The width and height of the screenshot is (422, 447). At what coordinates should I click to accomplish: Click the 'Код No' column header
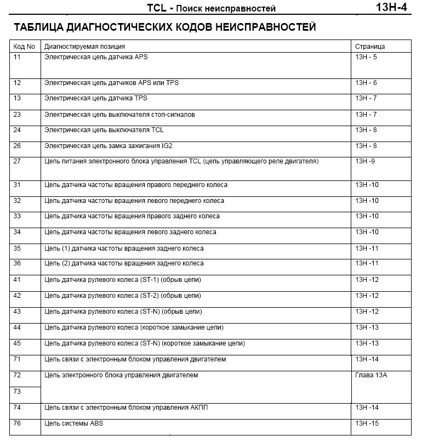click(24, 47)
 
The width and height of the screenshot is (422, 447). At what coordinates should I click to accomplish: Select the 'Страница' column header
click(370, 47)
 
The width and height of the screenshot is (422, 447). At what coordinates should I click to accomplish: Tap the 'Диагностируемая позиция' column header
click(84, 47)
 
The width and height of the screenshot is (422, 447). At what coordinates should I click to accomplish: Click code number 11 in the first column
click(17, 56)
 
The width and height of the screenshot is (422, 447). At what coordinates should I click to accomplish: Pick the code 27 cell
click(17, 161)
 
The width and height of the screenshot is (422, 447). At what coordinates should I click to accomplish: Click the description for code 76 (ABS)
click(73, 423)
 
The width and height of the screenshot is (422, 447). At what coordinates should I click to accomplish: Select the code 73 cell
click(17, 392)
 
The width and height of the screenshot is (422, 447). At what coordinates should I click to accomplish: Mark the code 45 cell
click(17, 343)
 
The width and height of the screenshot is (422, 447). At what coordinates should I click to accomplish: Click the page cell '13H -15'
click(367, 423)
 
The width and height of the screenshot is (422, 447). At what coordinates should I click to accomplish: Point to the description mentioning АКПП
click(126, 408)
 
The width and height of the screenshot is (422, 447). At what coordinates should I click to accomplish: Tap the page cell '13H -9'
click(366, 161)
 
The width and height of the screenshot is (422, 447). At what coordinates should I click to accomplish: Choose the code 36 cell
click(17, 263)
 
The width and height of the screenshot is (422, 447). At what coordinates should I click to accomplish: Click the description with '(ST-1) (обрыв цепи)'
click(122, 280)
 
